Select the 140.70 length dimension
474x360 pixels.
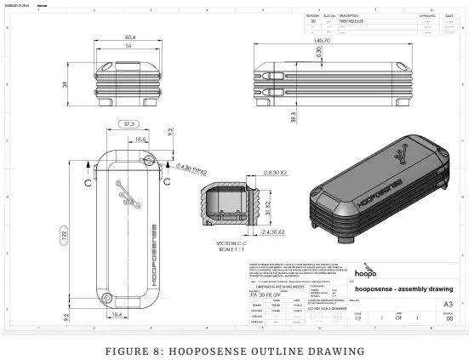click(x=322, y=40)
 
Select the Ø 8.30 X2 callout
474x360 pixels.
click(x=254, y=173)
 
